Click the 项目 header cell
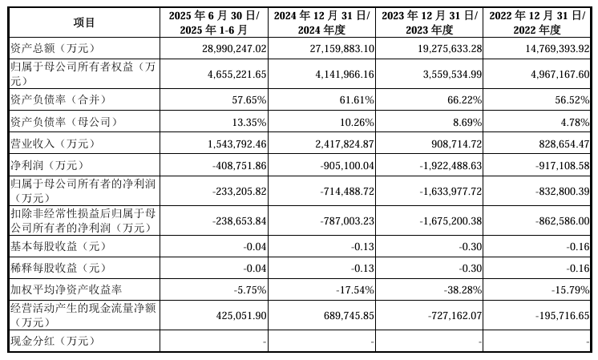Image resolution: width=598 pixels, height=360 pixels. click(83, 22)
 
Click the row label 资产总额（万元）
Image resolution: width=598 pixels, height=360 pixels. click(47, 49)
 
